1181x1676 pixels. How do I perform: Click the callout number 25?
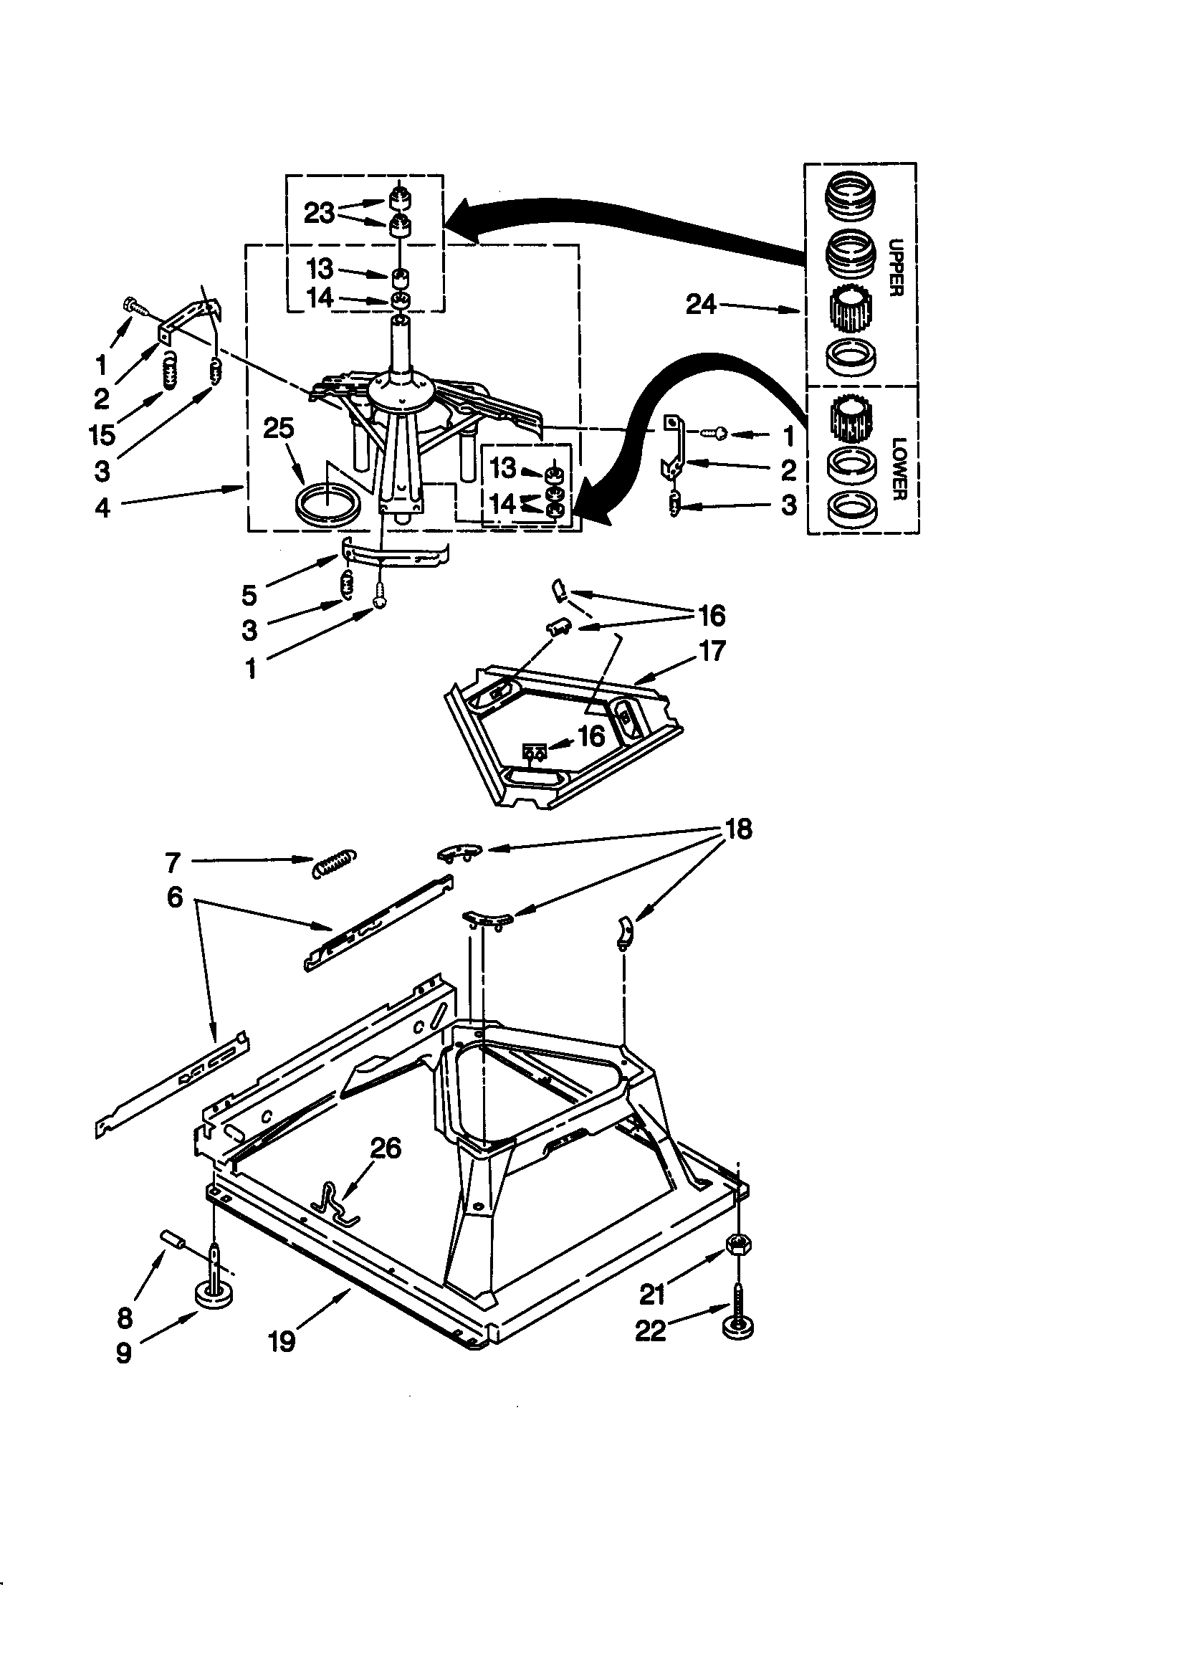[278, 429]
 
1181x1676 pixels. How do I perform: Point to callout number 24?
[701, 304]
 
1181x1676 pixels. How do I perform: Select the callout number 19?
[282, 1341]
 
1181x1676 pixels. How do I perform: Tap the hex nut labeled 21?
[739, 1242]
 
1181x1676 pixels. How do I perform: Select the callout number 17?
[712, 649]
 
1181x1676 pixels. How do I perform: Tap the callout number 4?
[103, 508]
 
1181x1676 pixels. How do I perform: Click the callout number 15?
[103, 435]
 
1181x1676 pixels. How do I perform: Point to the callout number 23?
[319, 213]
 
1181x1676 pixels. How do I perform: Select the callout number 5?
[249, 596]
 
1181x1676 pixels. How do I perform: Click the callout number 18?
[739, 829]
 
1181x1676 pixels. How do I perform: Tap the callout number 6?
[174, 896]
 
